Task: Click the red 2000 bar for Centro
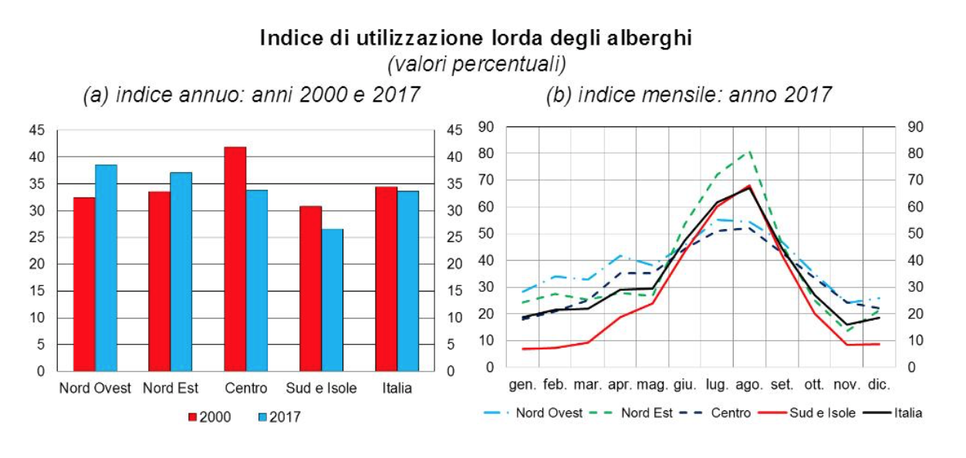tap(235, 259)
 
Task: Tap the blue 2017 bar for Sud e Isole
tap(332, 300)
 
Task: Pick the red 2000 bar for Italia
tap(386, 278)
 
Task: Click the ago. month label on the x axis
tap(748, 384)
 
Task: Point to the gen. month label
tap(522, 384)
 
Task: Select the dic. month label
tap(879, 384)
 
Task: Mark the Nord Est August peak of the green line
tap(749, 152)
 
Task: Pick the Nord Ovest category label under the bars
tap(95, 388)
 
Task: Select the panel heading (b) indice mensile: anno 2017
tap(688, 95)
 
